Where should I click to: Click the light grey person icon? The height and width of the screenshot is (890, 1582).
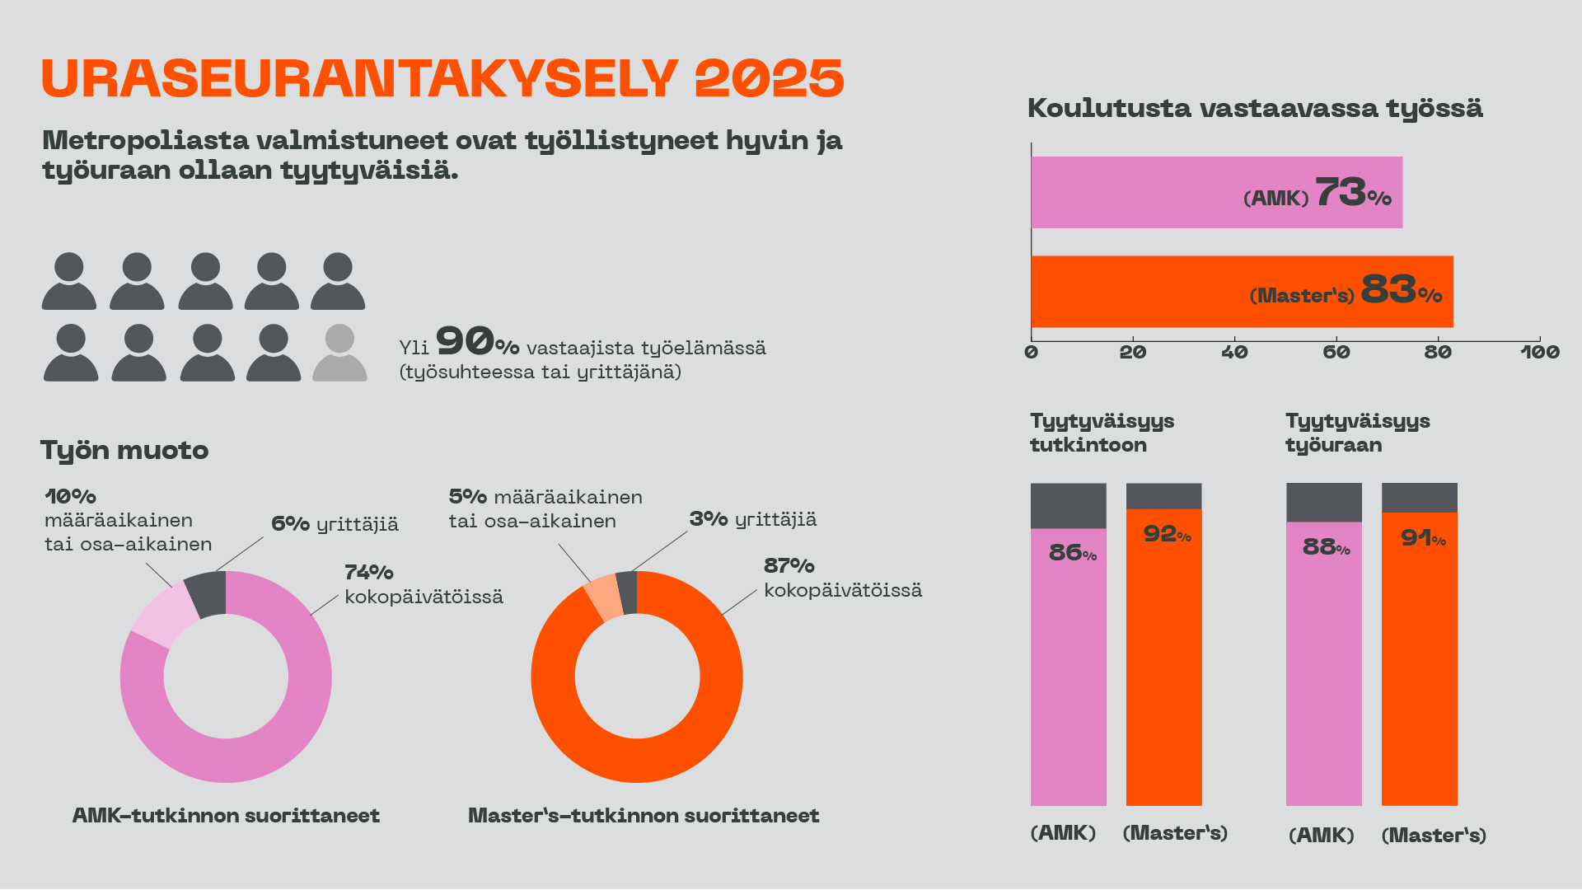click(339, 353)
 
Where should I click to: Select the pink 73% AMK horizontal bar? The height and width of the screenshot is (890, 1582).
click(1154, 192)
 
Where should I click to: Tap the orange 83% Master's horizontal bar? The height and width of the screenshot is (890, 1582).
click(1154, 291)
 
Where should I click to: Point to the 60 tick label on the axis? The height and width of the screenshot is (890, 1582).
click(1336, 353)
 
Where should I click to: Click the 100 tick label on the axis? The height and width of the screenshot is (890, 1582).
click(1539, 353)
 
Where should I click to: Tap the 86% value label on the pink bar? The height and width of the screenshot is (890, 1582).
click(1072, 553)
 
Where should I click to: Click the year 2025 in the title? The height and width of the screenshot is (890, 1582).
click(769, 79)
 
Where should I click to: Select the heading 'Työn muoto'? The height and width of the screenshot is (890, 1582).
click(124, 451)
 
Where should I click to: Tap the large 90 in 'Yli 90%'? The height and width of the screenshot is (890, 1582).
click(465, 340)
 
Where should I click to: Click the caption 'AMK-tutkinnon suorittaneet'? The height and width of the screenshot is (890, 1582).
click(226, 816)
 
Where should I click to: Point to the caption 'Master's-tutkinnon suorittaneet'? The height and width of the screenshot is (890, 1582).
click(644, 816)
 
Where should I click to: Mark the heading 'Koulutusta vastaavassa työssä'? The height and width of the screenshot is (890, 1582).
click(1254, 109)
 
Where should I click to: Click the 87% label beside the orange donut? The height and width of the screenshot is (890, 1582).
click(789, 566)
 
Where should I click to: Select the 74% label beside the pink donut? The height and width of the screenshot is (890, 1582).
click(368, 573)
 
